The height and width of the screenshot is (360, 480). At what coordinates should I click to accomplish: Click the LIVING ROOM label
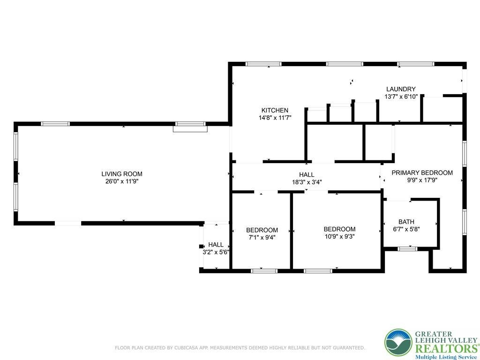click(x=122, y=174)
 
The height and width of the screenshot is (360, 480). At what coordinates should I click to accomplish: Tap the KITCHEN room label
click(x=275, y=110)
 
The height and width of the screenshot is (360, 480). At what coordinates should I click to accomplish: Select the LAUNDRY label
click(x=401, y=89)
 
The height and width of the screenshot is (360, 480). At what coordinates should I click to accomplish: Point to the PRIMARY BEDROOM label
click(x=422, y=172)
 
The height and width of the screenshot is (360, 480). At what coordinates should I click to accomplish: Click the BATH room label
click(x=406, y=222)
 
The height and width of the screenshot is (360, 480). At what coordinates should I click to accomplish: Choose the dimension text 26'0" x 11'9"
click(x=122, y=181)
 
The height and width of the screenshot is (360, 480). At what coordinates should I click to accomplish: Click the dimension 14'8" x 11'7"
click(x=275, y=117)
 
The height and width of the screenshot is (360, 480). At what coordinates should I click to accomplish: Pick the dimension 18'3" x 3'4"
click(x=307, y=182)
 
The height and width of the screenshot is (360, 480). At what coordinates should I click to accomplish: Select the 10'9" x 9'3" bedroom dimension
click(x=339, y=236)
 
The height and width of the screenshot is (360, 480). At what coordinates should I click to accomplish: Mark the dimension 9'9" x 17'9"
click(x=422, y=180)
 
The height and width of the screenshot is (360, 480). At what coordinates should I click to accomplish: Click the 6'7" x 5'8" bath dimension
click(x=406, y=229)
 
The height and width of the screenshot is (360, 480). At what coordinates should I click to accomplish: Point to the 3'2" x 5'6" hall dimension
click(x=216, y=252)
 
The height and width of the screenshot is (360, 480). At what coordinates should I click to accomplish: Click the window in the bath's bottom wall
click(x=407, y=249)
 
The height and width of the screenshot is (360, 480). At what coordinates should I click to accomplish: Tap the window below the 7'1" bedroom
click(x=264, y=270)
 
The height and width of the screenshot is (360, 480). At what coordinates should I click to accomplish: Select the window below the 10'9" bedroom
click(x=318, y=270)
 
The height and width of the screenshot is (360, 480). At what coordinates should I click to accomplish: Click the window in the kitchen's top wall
click(x=263, y=64)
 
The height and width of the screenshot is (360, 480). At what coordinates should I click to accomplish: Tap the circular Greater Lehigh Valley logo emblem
click(x=398, y=343)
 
